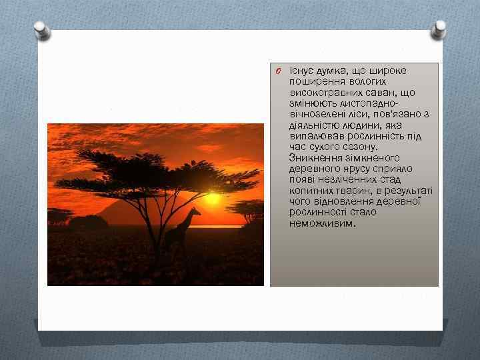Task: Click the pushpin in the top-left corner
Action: tap(41, 30)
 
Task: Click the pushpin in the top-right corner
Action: tap(438, 28)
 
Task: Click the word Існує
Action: tap(302, 71)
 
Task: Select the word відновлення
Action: tap(345, 201)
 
